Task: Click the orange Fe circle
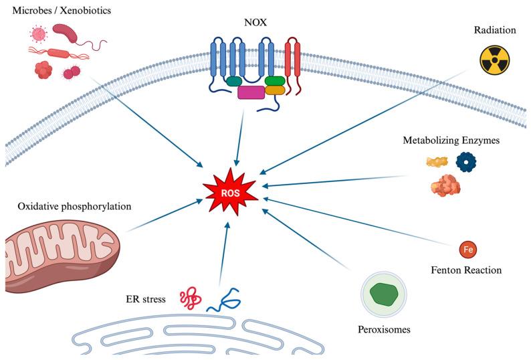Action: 469,250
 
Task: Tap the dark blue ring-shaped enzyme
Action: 467,161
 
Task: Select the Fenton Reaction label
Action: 467,270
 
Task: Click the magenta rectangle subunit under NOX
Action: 251,92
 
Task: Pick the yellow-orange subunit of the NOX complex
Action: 276,90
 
